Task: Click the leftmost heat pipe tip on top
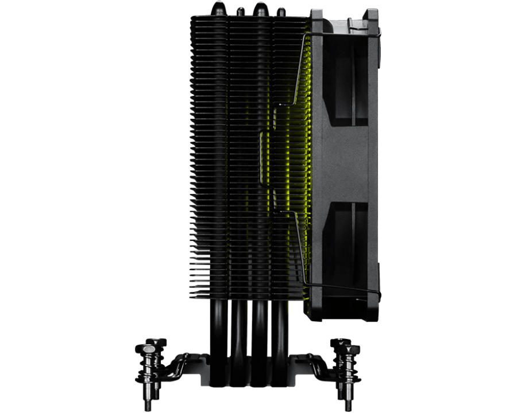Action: pos(218,8)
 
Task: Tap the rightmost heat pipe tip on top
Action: pos(281,10)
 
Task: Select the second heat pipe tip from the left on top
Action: pos(240,10)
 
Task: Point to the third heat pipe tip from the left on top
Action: pos(261,9)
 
